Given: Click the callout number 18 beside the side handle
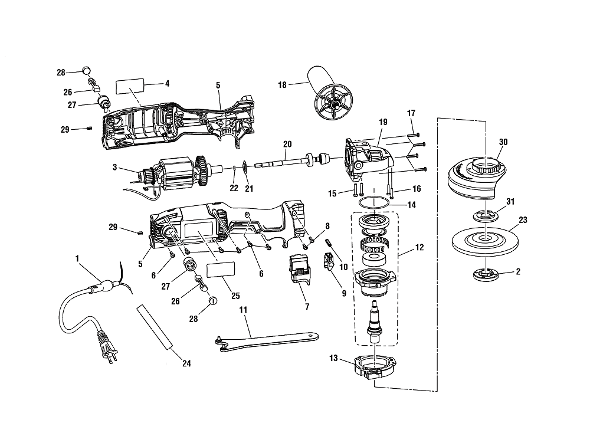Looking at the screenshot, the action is (x=282, y=85).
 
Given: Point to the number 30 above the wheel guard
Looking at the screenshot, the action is (x=503, y=142).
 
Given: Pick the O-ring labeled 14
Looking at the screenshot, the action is (x=373, y=202).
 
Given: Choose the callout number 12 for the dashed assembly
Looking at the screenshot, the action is (x=419, y=248).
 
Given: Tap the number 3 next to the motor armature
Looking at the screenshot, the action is (x=115, y=167).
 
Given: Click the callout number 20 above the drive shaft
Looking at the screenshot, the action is (x=287, y=144).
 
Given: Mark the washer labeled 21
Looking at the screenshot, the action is (x=245, y=167).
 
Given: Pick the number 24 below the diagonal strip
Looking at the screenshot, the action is (x=186, y=363).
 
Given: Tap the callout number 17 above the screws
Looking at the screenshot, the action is (x=411, y=113).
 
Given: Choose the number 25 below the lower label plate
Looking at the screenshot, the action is (x=235, y=296).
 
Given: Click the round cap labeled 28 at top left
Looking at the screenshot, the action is (x=87, y=70).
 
